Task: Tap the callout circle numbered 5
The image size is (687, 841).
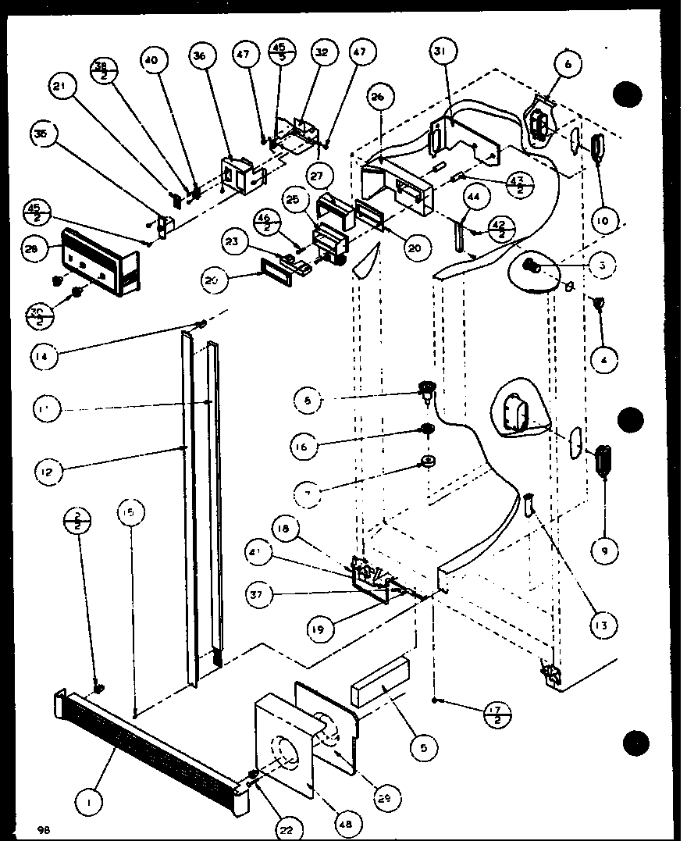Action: pyautogui.click(x=423, y=747)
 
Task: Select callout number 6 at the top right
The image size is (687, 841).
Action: pyautogui.click(x=568, y=65)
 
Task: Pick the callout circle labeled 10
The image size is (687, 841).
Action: pyautogui.click(x=600, y=222)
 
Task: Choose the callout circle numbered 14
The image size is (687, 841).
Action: pyautogui.click(x=45, y=357)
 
